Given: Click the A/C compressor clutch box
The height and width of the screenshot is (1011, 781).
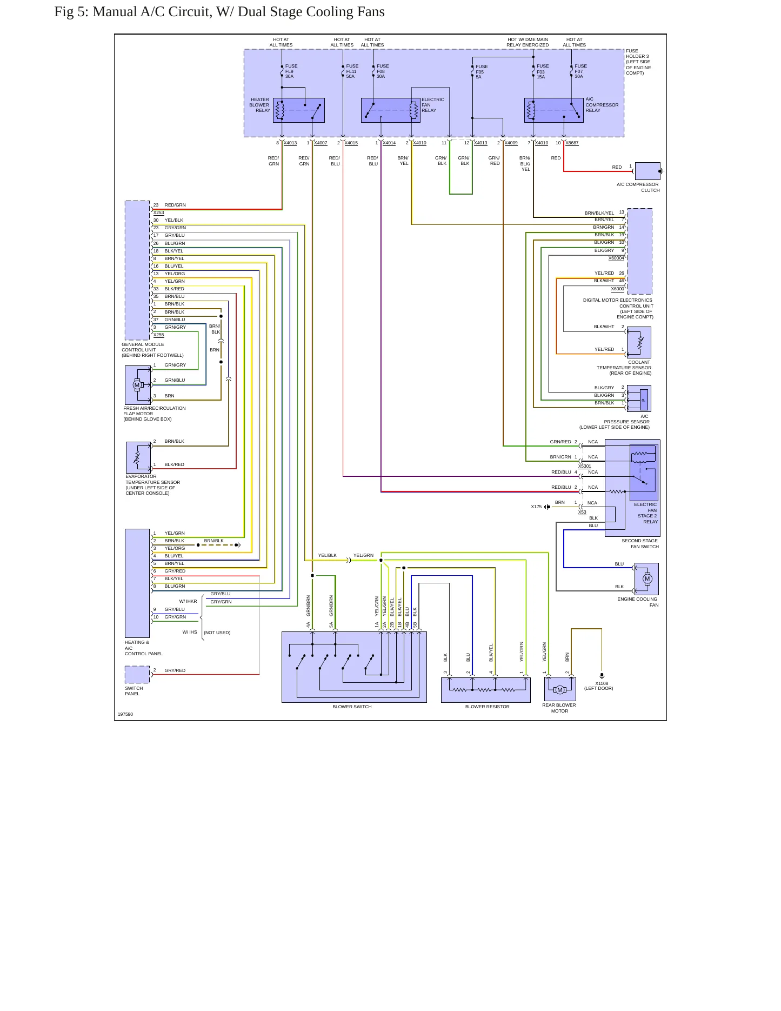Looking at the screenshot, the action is point(648,171).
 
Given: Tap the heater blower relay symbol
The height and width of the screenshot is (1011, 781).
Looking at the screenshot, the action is point(299,110).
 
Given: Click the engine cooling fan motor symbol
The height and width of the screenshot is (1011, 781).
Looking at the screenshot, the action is point(646,579).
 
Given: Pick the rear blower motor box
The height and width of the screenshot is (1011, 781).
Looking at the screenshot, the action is point(560,689).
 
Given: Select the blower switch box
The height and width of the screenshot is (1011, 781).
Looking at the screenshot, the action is point(354,667).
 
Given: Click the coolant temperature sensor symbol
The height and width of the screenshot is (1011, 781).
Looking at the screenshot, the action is point(639,342).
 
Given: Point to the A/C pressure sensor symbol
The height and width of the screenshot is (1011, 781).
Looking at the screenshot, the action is point(639,398).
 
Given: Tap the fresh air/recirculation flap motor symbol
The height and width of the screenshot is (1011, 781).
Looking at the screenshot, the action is point(138,385).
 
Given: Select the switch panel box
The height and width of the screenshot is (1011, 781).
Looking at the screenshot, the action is point(137,675).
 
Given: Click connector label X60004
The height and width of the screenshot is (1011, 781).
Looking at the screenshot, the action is point(616,258).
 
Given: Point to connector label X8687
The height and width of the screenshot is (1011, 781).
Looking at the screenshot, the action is point(572,143).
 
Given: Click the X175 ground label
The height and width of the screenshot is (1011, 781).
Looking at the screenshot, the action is point(536,507).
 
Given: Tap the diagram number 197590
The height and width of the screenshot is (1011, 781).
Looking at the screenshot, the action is point(125,714).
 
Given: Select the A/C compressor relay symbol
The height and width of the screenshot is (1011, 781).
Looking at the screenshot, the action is point(554,110).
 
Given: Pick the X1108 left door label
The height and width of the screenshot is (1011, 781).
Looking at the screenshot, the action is point(599,686).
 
